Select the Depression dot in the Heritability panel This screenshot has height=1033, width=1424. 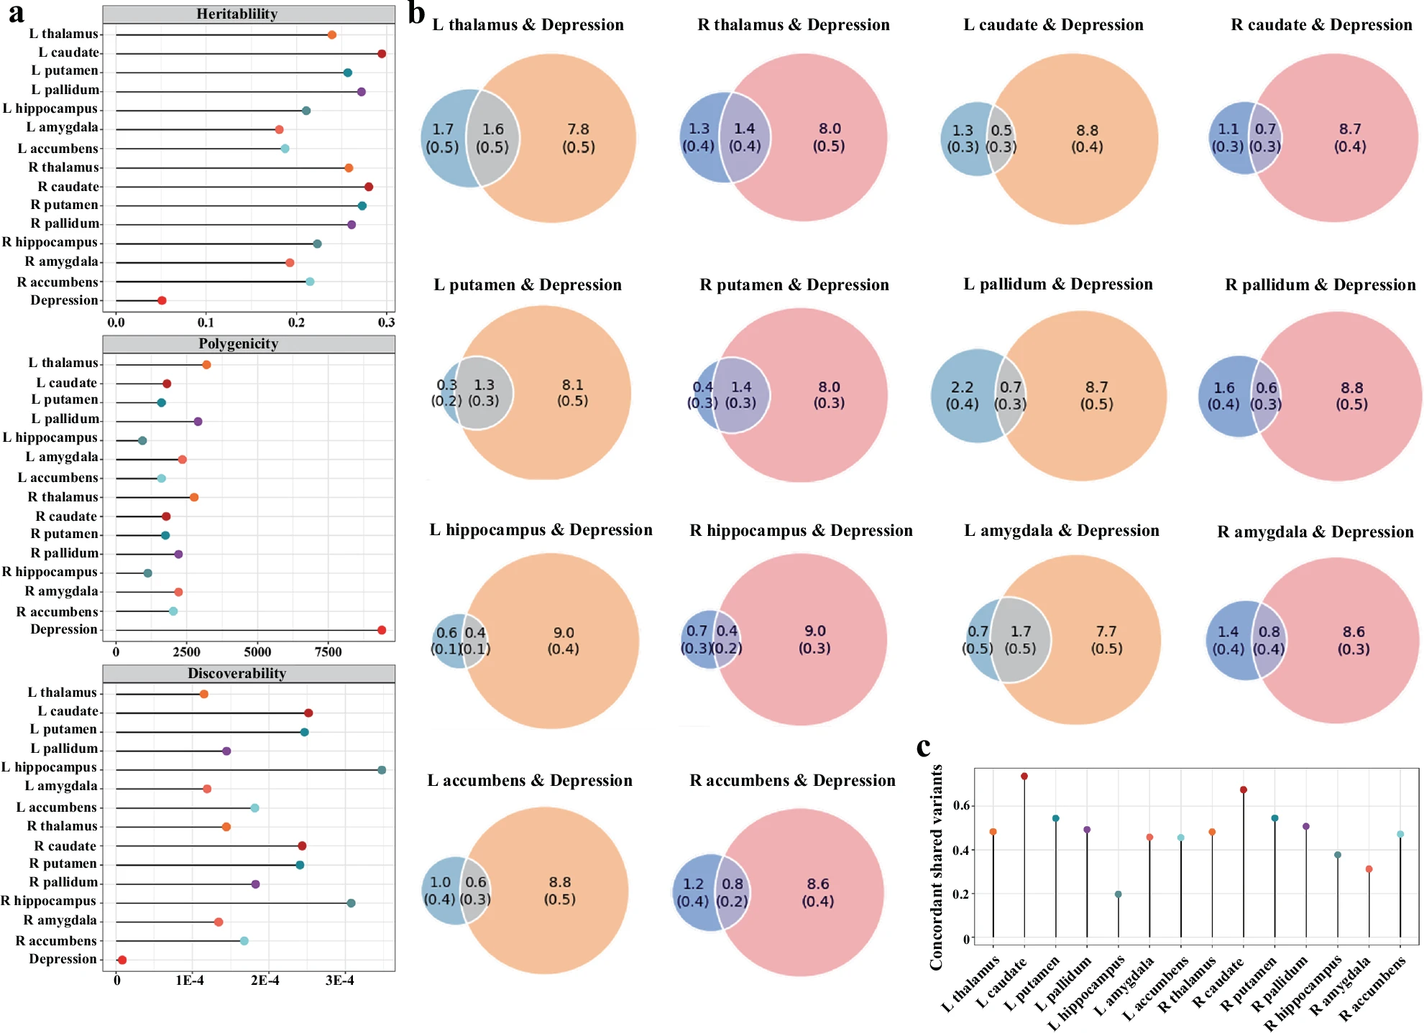(162, 300)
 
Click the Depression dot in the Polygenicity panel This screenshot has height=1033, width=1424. (382, 630)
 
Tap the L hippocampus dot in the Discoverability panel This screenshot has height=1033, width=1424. (382, 770)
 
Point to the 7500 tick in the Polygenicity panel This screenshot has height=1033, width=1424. (328, 652)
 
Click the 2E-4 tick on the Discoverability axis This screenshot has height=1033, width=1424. (265, 981)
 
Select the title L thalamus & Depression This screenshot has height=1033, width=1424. (528, 25)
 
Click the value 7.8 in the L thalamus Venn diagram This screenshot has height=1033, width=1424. (578, 129)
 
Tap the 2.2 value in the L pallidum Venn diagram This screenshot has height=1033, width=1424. (962, 387)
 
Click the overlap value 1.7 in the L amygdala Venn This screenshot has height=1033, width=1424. (1021, 631)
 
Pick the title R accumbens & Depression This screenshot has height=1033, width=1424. (792, 781)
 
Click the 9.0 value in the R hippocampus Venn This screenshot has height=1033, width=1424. (815, 631)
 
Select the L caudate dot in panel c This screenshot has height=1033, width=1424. (1024, 777)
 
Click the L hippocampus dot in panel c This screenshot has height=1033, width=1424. (1118, 894)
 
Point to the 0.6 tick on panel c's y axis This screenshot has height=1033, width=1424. (961, 805)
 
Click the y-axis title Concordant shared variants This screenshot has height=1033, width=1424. (936, 867)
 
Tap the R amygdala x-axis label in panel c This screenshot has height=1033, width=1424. (1341, 987)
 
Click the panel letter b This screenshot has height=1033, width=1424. (417, 13)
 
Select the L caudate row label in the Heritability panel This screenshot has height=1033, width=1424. (69, 52)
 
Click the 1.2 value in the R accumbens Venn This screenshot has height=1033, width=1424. (693, 884)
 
